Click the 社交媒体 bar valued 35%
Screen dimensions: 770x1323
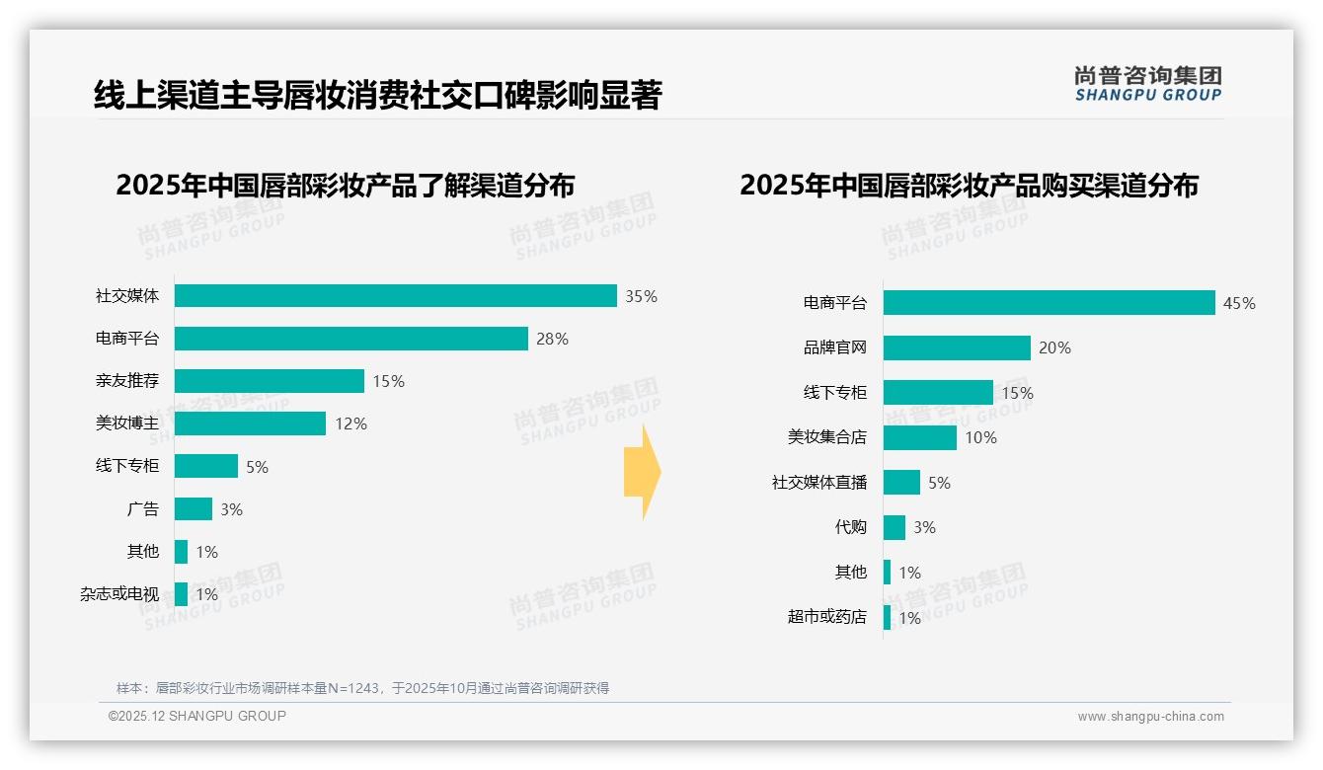(395, 296)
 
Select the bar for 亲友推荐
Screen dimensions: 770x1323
(270, 381)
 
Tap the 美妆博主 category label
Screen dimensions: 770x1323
(127, 423)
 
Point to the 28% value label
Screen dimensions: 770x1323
(552, 339)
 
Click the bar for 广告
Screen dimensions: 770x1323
(194, 509)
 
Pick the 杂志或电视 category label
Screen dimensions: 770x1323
(119, 594)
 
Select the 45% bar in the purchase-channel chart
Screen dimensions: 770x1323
(1049, 303)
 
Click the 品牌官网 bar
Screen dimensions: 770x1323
(957, 347)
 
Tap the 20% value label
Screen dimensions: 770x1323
(1054, 347)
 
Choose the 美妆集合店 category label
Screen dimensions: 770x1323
(826, 437)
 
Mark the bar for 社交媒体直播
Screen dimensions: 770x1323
(901, 483)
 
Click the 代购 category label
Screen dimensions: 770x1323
(850, 527)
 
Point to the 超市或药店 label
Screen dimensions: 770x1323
(826, 617)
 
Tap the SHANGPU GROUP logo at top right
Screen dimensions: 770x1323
(1147, 84)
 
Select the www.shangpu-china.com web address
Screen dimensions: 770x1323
(1150, 717)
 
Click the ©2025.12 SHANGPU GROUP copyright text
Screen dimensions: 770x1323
(197, 716)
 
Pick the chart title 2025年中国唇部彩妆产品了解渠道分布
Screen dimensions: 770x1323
(345, 186)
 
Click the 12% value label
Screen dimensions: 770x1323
(350, 423)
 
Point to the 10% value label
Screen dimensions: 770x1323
(980, 437)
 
